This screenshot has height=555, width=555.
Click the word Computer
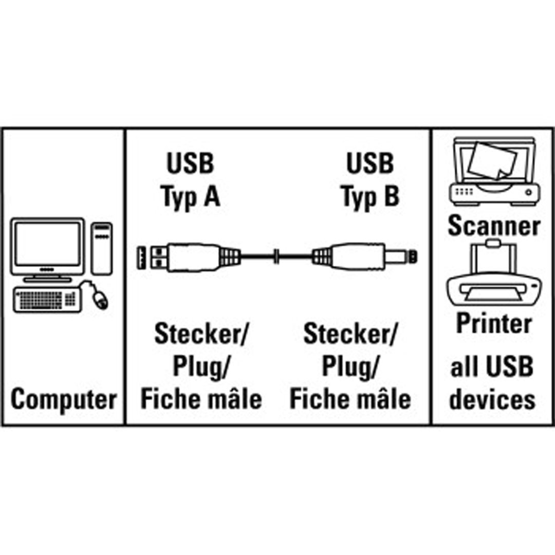click(64, 400)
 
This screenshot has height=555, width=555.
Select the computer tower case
click(101, 247)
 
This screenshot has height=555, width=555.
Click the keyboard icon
click(47, 299)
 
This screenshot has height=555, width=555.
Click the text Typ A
click(190, 196)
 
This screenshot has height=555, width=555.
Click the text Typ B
click(370, 196)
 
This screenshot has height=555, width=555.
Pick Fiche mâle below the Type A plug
click(201, 399)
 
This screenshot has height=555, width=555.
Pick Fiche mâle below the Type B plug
click(350, 399)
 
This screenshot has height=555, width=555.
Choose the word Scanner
click(494, 226)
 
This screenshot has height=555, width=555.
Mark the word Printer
click(494, 324)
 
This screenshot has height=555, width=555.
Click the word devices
click(492, 400)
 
